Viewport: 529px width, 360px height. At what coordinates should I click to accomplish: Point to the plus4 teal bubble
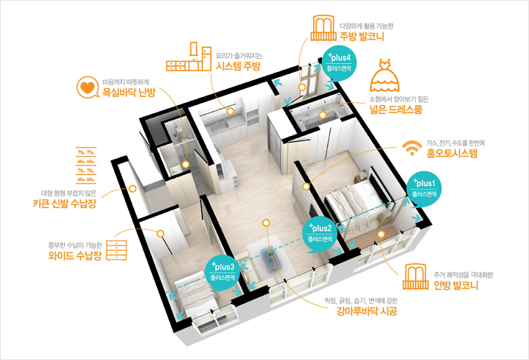tap(339, 63)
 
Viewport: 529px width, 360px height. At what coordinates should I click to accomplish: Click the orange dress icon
tap(384, 75)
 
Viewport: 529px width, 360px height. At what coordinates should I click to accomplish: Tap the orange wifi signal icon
tap(412, 148)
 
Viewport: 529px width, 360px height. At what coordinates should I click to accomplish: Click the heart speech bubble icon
tap(87, 87)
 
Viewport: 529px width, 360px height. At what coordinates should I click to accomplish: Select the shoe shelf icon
tap(86, 165)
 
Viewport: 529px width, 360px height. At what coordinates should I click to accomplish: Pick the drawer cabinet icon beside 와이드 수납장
tap(117, 251)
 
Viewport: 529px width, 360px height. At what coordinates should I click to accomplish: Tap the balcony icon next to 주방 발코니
tap(323, 28)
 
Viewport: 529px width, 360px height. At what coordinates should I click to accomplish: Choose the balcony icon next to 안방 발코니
tap(416, 277)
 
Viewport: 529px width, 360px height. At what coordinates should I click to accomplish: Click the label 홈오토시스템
tap(452, 154)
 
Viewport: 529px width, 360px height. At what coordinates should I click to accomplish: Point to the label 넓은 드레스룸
tap(396, 109)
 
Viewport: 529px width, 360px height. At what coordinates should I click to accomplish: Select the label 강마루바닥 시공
tap(367, 311)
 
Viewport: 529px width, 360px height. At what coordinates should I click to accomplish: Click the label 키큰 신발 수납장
tap(65, 204)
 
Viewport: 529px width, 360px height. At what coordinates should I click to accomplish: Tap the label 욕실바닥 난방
tap(129, 92)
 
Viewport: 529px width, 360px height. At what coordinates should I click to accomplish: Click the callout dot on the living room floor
tap(266, 223)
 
